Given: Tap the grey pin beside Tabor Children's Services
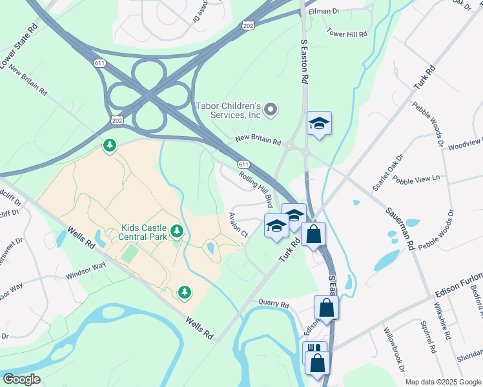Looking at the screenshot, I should pos(271,110).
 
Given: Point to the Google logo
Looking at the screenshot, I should pos(21,379).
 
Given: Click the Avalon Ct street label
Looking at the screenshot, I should pos(238,224).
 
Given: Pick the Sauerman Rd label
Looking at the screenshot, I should pos(400,229).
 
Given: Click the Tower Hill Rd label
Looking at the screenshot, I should pos(347,32).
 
